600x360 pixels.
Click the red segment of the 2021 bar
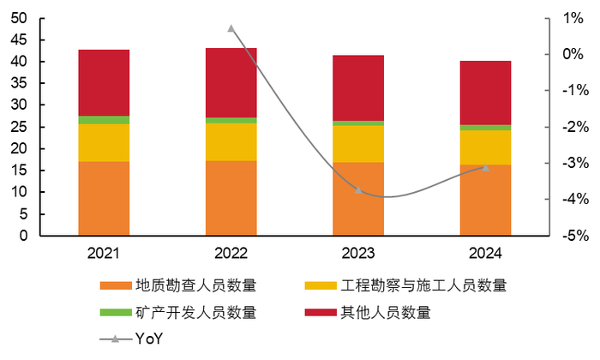point(104,82)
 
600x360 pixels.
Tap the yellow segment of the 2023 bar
point(358,144)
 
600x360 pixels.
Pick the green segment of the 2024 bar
point(485,128)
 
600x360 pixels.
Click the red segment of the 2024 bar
point(485,93)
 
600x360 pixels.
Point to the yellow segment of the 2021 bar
point(104,142)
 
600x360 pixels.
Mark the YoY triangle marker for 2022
point(231,28)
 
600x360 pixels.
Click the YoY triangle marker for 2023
point(358,189)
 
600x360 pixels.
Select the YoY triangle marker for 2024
point(485,167)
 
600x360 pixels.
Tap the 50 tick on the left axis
point(19,18)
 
